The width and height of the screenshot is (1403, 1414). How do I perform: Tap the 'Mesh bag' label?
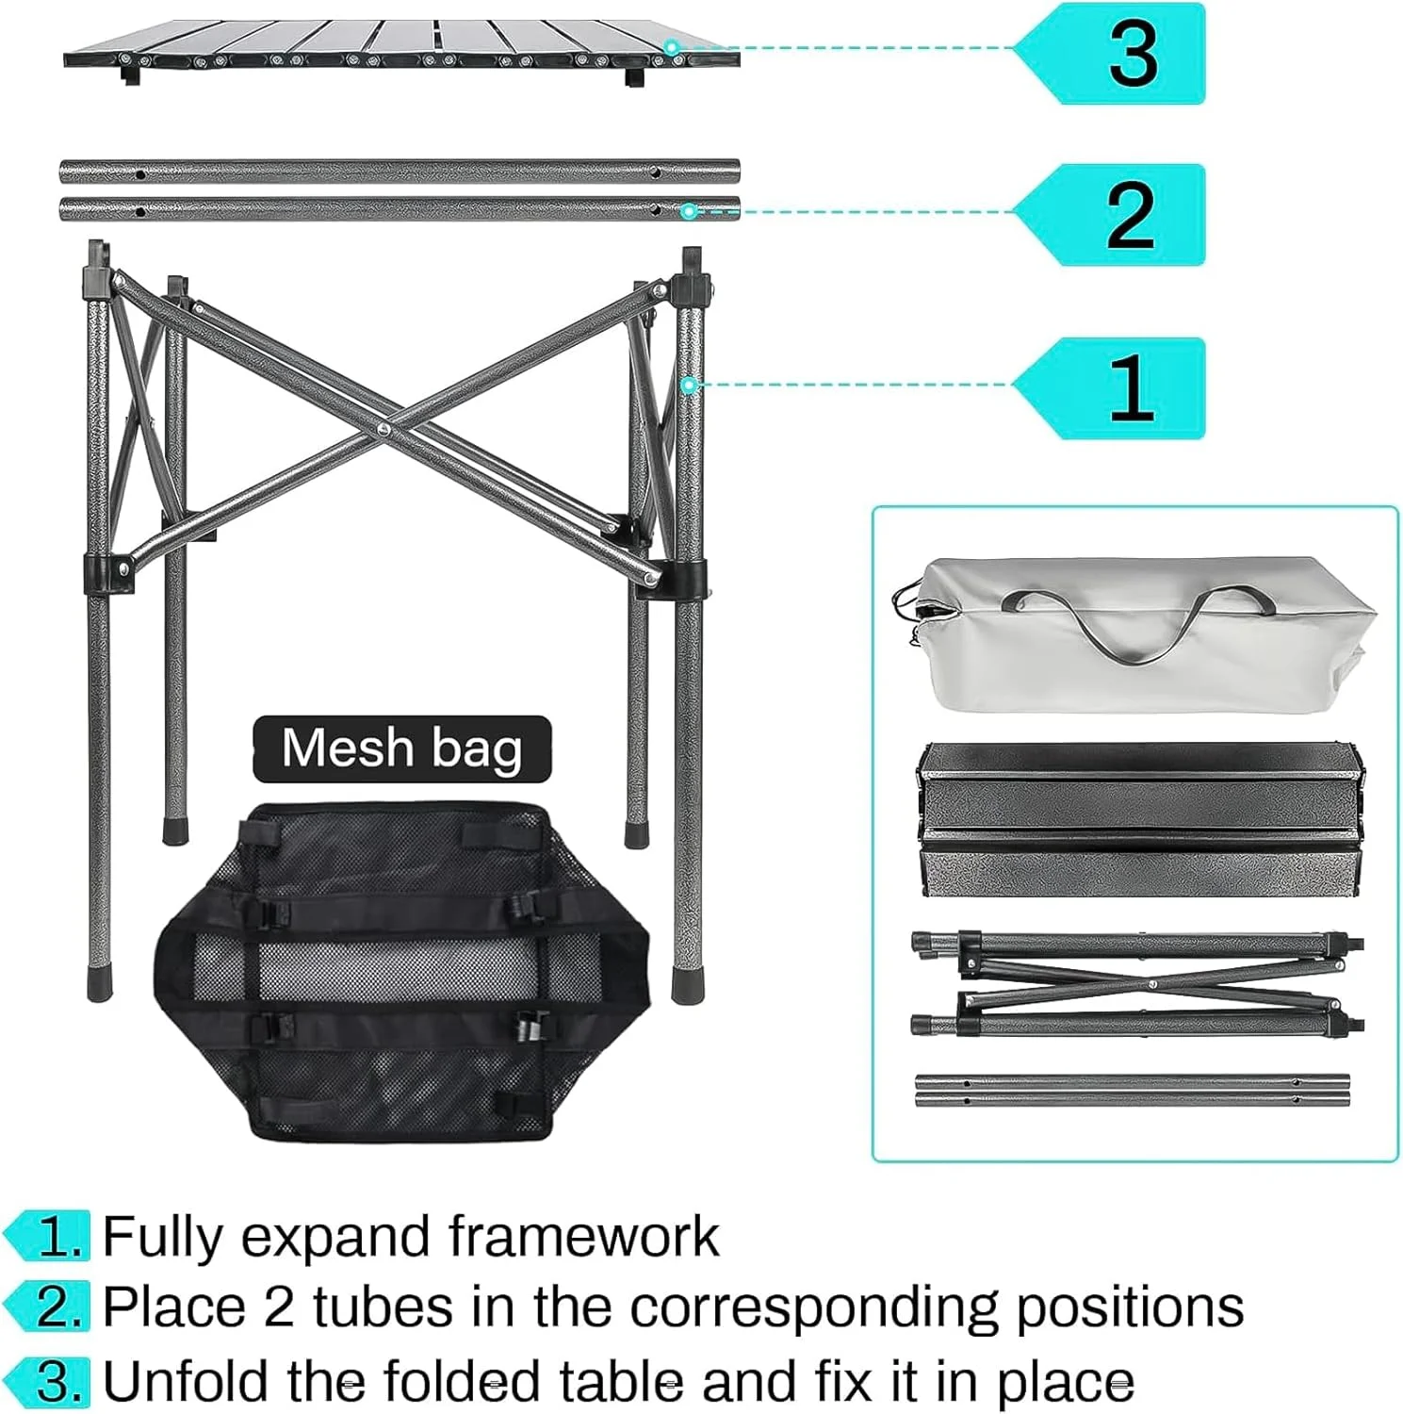[401, 748]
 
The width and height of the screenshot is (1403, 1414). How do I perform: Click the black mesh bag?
[402, 972]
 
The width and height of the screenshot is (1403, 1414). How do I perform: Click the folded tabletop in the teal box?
[1140, 820]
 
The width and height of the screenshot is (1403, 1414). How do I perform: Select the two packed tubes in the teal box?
[1132, 1091]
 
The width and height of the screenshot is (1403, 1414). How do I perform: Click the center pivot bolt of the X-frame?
[383, 429]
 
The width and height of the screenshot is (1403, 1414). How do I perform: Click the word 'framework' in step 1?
[583, 1236]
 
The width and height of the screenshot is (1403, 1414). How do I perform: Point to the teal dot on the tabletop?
[671, 47]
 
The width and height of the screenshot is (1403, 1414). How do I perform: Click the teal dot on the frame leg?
[689, 385]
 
